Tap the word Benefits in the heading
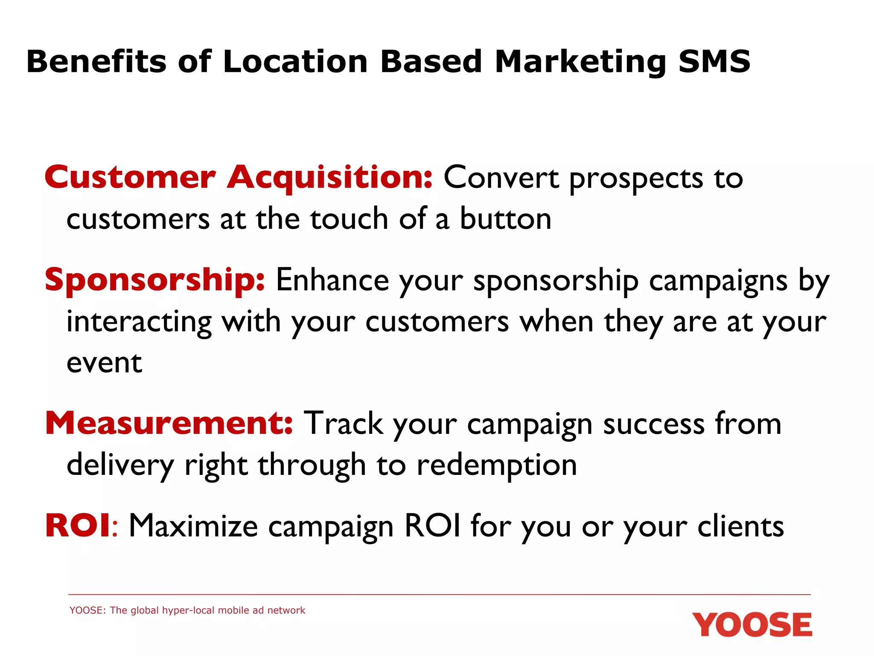[96, 61]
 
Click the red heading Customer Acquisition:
[239, 177]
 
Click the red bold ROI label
[78, 526]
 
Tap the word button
[505, 219]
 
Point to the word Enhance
[332, 280]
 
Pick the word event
[104, 363]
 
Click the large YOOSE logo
[752, 625]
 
